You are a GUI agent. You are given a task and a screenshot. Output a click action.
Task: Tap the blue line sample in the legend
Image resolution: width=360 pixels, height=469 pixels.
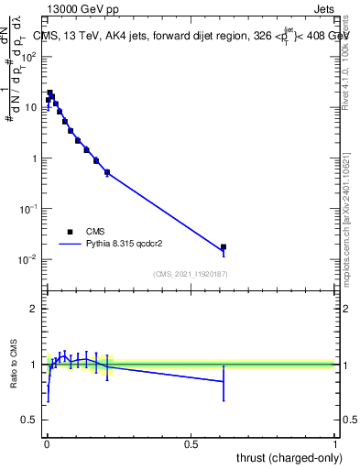tap(71, 245)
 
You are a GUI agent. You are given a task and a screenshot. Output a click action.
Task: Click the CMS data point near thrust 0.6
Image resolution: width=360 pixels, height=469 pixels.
tap(224, 247)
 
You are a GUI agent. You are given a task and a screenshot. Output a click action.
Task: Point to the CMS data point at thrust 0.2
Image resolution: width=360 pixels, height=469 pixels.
tap(107, 172)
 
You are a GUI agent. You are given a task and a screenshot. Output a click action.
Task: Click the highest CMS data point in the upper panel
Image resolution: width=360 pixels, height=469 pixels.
tap(50, 93)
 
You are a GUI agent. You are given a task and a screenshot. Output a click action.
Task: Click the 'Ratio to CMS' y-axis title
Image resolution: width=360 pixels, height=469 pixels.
tap(15, 365)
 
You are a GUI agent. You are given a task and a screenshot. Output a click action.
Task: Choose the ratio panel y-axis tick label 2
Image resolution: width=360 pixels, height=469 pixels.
tap(34, 310)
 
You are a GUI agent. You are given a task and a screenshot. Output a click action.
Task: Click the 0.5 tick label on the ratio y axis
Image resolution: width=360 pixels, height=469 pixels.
tap(29, 420)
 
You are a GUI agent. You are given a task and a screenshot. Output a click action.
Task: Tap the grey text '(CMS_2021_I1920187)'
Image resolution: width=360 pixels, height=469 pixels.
tap(191, 274)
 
